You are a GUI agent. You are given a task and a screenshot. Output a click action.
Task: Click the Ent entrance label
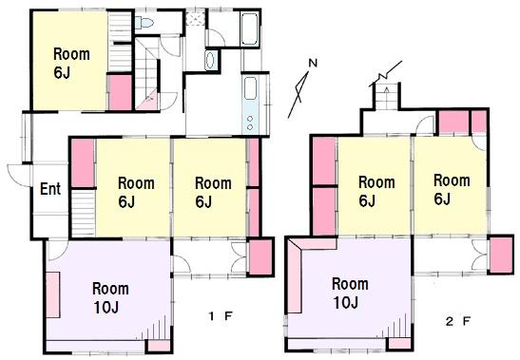(x=50, y=189)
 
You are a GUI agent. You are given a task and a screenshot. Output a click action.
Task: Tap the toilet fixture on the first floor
(x=144, y=23)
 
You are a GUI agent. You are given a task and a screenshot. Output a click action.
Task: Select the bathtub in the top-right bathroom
(x=249, y=28)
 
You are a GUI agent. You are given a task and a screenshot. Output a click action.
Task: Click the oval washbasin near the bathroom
(x=210, y=61)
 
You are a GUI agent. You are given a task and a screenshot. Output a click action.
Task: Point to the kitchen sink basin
(x=250, y=87)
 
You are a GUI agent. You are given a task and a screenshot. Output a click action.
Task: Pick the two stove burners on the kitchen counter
(x=250, y=123)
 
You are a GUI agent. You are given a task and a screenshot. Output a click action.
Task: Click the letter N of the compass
(x=313, y=63)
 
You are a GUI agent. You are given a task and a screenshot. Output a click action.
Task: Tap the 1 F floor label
(x=221, y=316)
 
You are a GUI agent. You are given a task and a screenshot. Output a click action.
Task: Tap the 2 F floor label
(x=458, y=321)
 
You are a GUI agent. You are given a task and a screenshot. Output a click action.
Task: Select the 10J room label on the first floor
(x=106, y=308)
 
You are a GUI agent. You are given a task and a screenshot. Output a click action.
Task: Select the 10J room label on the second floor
(x=346, y=303)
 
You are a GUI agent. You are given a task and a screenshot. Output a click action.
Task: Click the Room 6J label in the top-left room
(x=71, y=64)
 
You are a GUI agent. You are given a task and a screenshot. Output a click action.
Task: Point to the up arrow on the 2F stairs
(x=386, y=91)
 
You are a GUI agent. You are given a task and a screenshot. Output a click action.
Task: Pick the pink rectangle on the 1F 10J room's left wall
(x=52, y=294)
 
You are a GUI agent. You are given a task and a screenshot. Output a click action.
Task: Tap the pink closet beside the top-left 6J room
(x=121, y=92)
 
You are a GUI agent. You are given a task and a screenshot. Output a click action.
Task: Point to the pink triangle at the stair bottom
(x=149, y=100)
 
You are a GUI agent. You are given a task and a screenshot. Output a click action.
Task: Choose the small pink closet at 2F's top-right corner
(x=479, y=122)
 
